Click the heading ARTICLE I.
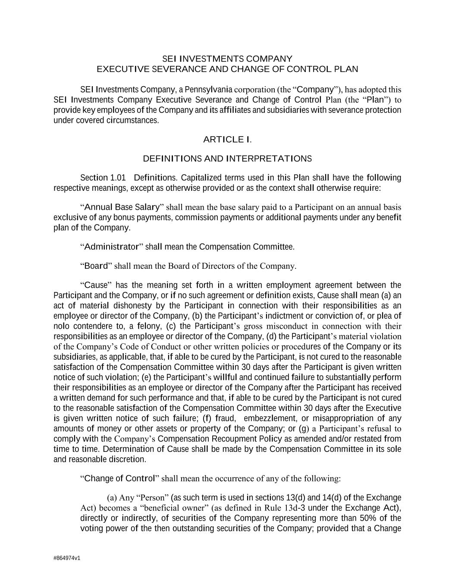click(227, 140)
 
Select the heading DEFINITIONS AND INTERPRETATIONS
click(227, 159)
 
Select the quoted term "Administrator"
click(111, 247)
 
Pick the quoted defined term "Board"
click(96, 266)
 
